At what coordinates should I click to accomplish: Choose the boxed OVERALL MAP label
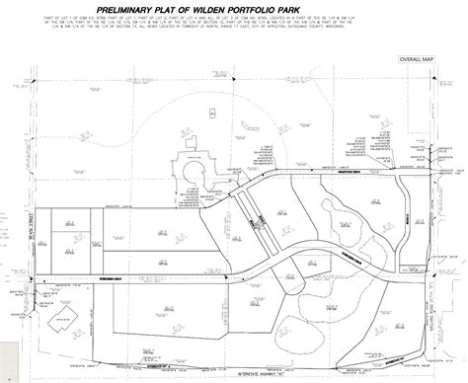click(x=416, y=59)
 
